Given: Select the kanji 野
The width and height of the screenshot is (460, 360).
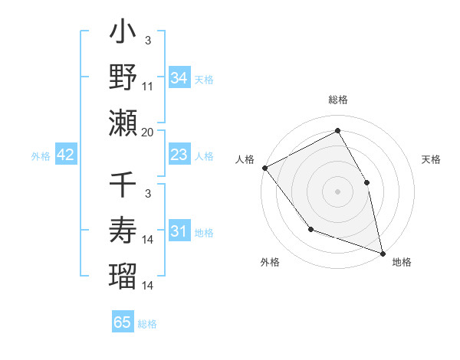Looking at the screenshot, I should [x=123, y=77].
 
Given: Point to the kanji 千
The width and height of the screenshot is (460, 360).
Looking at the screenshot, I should [x=123, y=186].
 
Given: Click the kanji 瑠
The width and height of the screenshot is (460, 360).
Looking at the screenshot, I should [x=123, y=274].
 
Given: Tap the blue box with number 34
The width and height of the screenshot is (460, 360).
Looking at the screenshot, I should [x=179, y=77].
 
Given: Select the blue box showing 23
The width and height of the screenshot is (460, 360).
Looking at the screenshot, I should [x=179, y=155].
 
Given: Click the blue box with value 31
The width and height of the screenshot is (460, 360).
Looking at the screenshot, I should [x=179, y=232].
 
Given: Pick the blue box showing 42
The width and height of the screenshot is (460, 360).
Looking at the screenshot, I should [x=65, y=155].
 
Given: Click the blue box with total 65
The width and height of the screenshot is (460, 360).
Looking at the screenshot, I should [x=123, y=322].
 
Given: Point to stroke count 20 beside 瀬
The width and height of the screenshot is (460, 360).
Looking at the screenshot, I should [x=148, y=133].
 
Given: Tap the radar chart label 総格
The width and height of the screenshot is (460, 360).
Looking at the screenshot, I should [x=338, y=100].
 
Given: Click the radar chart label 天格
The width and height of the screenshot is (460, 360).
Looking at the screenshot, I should [x=431, y=159].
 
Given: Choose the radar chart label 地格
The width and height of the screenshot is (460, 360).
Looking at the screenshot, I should [x=402, y=262].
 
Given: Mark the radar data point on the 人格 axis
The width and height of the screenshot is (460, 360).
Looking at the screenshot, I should [x=264, y=168].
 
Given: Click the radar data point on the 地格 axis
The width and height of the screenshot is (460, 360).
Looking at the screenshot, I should [x=383, y=253].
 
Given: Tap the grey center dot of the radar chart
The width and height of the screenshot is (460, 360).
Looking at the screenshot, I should [x=338, y=191].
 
